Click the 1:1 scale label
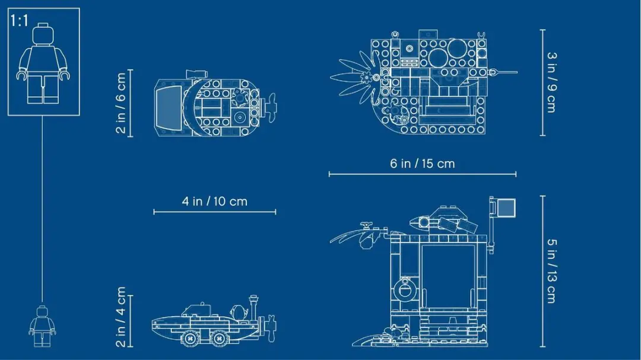pos(19,21)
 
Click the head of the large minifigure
pos(43,34)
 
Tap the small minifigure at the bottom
pos(42,326)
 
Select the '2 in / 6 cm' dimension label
pos(121,103)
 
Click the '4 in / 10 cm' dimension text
pos(215,202)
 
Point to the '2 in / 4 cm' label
pos(121,317)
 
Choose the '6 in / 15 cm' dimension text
pos(423,164)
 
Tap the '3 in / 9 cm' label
pos(552,82)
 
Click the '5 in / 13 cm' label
pos(552,271)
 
